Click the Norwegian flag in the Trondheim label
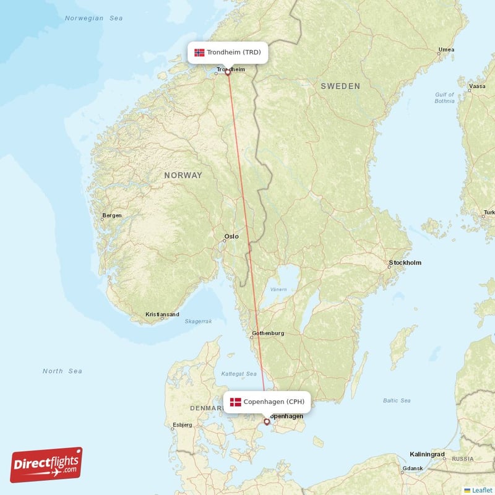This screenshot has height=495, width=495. click(199, 53)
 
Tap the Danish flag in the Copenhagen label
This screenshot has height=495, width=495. click(236, 402)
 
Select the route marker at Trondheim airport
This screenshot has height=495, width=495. click(228, 72)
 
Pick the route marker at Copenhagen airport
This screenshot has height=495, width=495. click(267, 422)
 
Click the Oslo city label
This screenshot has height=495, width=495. click(231, 236)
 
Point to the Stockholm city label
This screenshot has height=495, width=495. click(405, 263)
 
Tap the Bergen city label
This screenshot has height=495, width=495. click(112, 215)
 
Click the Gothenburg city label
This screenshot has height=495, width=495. click(268, 334)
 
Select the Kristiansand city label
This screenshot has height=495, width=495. click(162, 314)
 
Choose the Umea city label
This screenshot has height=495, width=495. click(446, 50)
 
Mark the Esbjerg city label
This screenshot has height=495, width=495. click(182, 425)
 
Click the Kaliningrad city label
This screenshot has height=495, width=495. click(427, 454)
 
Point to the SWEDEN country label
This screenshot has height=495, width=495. click(340, 87)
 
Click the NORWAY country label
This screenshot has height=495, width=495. click(183, 176)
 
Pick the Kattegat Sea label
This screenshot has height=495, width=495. click(239, 374)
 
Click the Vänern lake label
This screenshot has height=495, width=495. click(278, 290)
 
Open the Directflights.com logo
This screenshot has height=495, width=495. click(46, 465)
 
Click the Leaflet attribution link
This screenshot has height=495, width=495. click(481, 489)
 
